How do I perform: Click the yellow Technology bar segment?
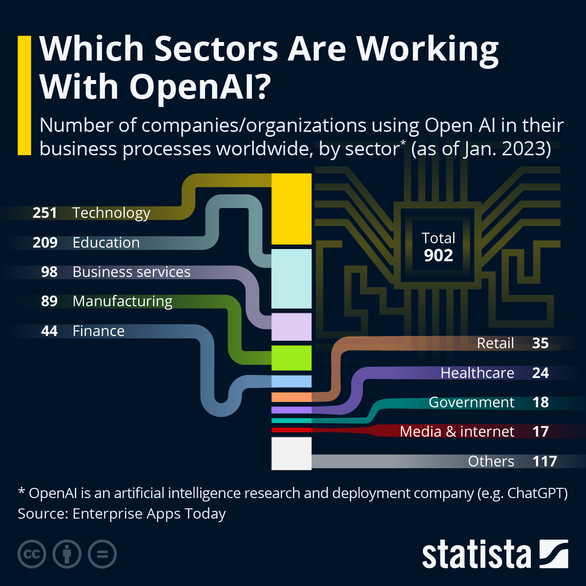(291, 209)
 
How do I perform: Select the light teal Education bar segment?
(291, 279)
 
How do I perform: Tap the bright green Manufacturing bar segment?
(291, 358)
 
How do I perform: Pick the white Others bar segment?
(291, 453)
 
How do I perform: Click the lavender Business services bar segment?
(291, 327)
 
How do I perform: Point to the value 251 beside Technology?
(45, 213)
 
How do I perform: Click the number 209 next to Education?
(45, 243)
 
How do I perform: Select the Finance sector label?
(98, 331)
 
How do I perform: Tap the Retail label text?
(495, 343)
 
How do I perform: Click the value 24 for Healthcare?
(540, 373)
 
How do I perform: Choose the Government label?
(471, 402)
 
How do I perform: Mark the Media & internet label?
(457, 432)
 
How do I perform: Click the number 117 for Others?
(544, 461)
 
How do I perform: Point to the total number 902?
(438, 255)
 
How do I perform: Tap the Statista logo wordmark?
(476, 555)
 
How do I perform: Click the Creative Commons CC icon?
(32, 554)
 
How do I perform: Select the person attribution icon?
(67, 554)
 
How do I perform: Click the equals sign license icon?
(102, 554)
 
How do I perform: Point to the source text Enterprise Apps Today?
(149, 514)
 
